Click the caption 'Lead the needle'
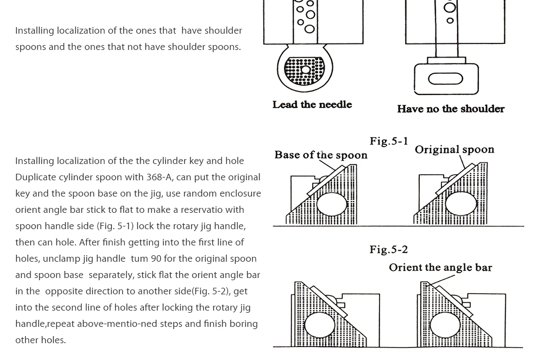click(312, 104)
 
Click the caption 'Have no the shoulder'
click(450, 109)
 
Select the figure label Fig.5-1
click(389, 141)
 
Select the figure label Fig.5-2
click(389, 250)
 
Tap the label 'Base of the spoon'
click(320, 155)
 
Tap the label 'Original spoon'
click(454, 150)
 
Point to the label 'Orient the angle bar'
click(440, 268)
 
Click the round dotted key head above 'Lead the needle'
click(305, 70)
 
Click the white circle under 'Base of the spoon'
click(331, 204)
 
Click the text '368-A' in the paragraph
click(159, 178)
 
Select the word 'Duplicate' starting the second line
click(35, 178)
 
